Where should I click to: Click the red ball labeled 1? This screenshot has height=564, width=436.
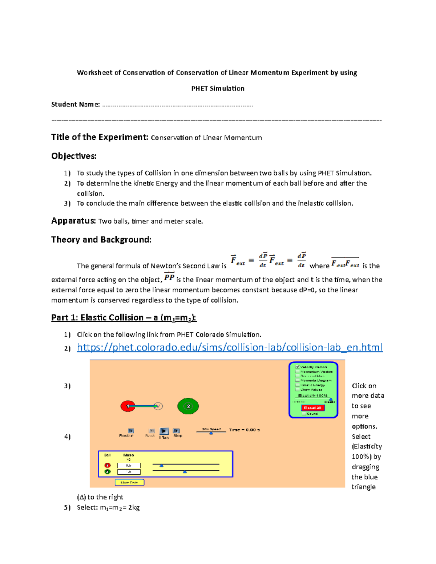tap(128, 406)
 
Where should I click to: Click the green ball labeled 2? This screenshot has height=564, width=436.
tap(188, 406)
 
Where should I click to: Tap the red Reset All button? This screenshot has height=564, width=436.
tap(312, 408)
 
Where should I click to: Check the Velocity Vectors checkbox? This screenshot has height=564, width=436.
tap(298, 367)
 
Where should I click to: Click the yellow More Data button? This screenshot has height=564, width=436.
tap(129, 482)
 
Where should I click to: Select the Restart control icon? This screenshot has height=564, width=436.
tap(131, 431)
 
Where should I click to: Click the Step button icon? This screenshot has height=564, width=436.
tap(176, 431)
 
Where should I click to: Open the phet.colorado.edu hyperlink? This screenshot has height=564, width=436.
tap(230, 348)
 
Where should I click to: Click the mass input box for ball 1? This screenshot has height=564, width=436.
tap(129, 465)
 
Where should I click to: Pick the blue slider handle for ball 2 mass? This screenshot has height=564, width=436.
tap(185, 472)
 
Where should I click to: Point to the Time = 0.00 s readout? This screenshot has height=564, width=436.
tap(244, 430)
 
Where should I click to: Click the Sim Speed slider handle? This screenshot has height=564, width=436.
tap(211, 433)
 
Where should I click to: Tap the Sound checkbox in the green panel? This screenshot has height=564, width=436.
tap(304, 414)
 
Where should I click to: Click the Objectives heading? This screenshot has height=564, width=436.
tap(74, 156)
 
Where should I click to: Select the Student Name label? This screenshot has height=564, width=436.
tap(75, 105)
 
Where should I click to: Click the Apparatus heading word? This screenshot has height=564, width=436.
tap(73, 221)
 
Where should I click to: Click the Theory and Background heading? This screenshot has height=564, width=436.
tap(101, 240)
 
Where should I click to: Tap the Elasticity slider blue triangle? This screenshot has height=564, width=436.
tap(331, 399)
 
